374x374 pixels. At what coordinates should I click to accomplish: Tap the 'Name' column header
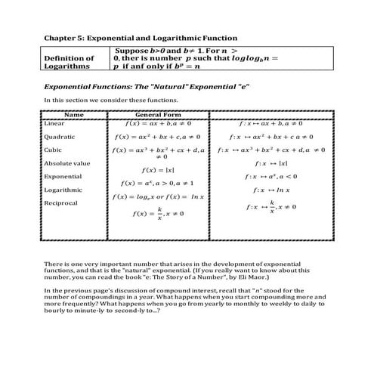point(74,115)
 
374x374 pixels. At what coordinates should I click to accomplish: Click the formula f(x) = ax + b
point(157,122)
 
